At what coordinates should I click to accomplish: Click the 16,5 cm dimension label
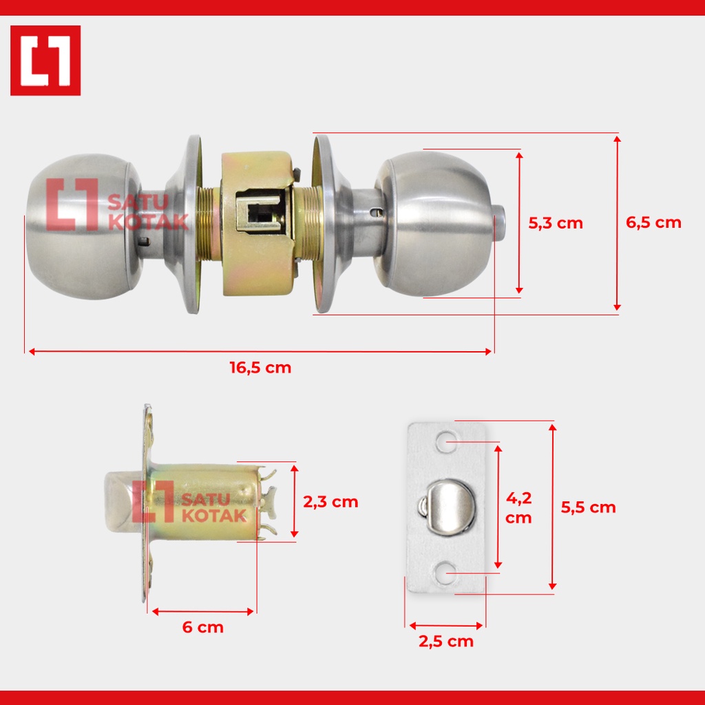click(x=260, y=368)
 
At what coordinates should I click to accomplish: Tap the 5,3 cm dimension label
click(x=556, y=223)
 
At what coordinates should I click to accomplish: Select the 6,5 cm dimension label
click(x=653, y=222)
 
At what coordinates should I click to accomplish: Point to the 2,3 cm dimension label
click(x=330, y=502)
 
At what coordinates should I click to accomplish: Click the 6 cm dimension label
click(x=203, y=627)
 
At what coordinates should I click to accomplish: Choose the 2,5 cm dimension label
click(x=446, y=641)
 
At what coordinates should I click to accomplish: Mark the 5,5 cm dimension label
click(x=588, y=507)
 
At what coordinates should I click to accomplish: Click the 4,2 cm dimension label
click(x=518, y=507)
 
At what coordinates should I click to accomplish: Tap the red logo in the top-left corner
click(x=45, y=61)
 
